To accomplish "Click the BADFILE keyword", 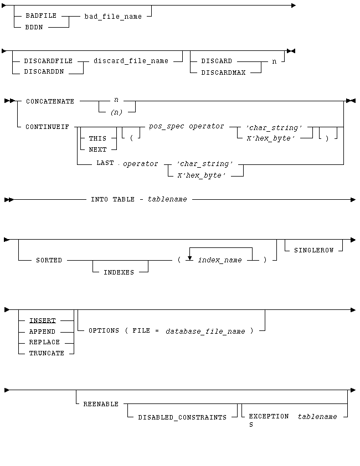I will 41,16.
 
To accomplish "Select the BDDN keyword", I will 34,27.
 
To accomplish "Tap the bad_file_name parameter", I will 113,17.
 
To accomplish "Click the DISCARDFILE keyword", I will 48,61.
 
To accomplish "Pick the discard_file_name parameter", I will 131,61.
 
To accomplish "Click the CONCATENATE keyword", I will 50,102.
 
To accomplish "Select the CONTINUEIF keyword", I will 47,127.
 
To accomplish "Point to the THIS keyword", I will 97,139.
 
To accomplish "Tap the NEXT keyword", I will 97,149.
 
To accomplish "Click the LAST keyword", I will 105,163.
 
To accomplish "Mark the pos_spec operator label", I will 187,126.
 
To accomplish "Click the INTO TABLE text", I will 112,199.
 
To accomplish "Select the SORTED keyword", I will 49,260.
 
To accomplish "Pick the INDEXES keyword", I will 119,272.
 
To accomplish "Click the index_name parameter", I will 220,260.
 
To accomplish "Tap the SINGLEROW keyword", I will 314,250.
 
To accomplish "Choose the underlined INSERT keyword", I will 43,320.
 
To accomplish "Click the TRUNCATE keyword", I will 47,353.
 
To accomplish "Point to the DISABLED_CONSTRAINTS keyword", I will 182,417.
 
